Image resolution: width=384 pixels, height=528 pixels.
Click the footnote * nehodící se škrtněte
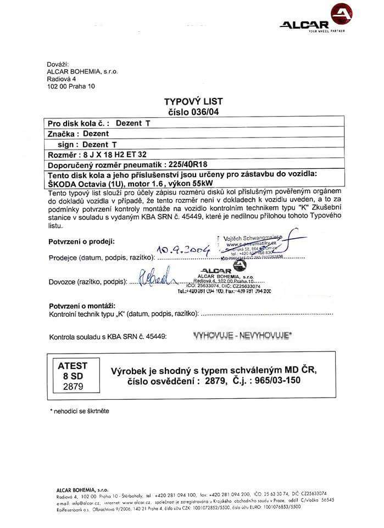[x=79, y=411]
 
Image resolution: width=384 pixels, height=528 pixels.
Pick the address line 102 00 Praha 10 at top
[x=71, y=86]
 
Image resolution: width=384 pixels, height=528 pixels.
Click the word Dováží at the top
[x=58, y=64]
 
